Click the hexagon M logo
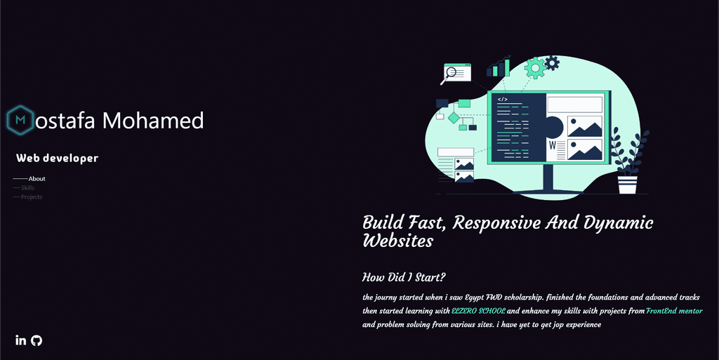[x=21, y=121]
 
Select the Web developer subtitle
[x=57, y=159]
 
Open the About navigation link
[x=37, y=179]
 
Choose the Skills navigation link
[x=27, y=188]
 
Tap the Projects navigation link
[x=32, y=197]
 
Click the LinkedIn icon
[x=20, y=340]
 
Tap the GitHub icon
[x=37, y=340]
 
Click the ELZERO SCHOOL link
[x=478, y=311]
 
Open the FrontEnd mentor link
[x=674, y=311]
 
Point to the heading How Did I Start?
[x=404, y=277]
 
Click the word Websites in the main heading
[x=397, y=241]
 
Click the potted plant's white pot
[x=627, y=185]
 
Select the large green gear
[x=535, y=67]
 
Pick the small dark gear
[x=552, y=63]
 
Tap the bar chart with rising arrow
[x=499, y=67]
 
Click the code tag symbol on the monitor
[x=503, y=100]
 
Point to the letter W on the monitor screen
[x=553, y=145]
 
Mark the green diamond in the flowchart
[x=453, y=117]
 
